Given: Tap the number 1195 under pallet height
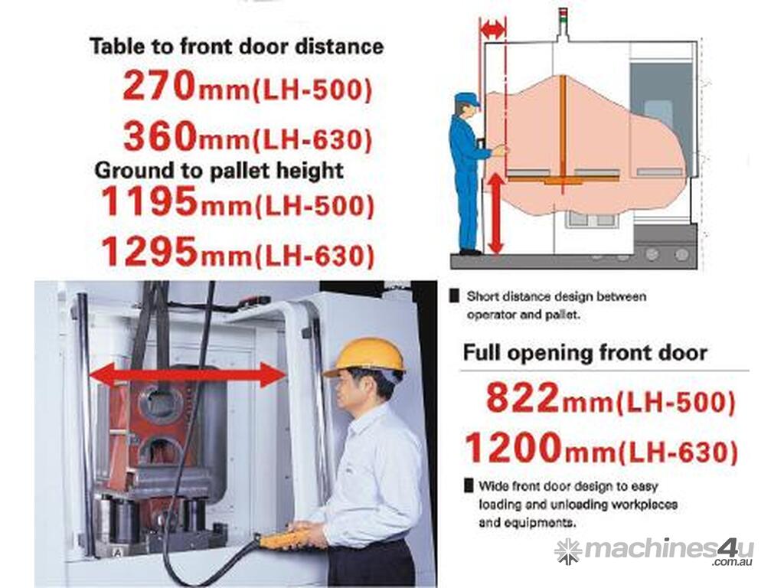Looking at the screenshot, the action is (149, 201).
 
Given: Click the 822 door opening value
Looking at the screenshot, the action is (522, 397).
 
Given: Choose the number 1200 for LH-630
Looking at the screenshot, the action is (514, 447).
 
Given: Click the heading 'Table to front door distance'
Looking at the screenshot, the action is (237, 47).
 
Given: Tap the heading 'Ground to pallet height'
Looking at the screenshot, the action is (219, 171).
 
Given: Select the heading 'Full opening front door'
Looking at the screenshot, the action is (585, 352).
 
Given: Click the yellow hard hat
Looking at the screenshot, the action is (365, 356).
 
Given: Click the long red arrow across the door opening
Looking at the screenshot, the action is (188, 374).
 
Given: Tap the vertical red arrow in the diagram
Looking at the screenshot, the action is (495, 213).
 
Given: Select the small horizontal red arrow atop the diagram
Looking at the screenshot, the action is (492, 31).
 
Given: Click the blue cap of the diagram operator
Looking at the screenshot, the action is (467, 100).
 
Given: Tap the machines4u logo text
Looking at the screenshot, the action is (655, 550).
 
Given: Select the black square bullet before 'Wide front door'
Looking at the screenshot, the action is (469, 485).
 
